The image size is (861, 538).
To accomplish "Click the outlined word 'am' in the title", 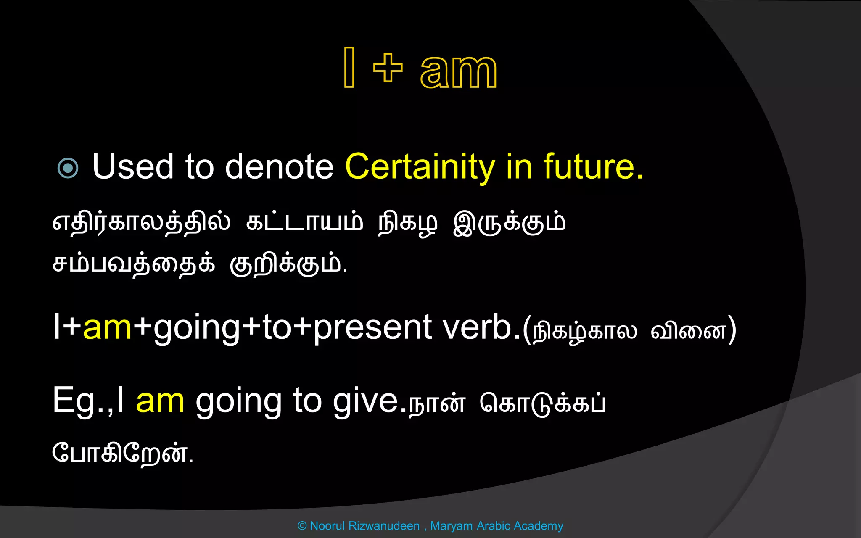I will pos(458,71).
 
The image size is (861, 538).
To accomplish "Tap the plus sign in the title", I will pos(388,68).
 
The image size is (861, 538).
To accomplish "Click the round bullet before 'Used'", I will pos(68,168).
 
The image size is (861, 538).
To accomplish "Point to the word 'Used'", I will pos(133,166).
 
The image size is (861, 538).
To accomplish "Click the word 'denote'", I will pos(279,166).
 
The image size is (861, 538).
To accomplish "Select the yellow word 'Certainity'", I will pos(420,167).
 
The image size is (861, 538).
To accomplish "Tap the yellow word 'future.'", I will pos(593,166).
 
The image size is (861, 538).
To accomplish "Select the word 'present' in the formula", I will pos(372,328).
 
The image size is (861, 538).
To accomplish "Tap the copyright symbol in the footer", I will pos(302,526).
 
